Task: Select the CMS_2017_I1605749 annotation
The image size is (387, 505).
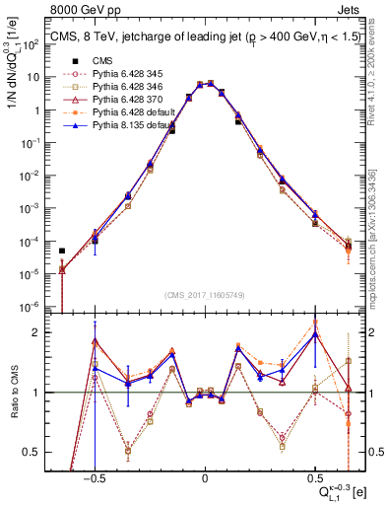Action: point(204,294)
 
